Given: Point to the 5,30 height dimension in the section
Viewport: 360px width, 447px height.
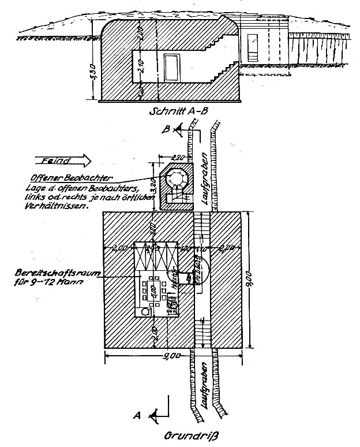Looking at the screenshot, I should (x=95, y=74).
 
